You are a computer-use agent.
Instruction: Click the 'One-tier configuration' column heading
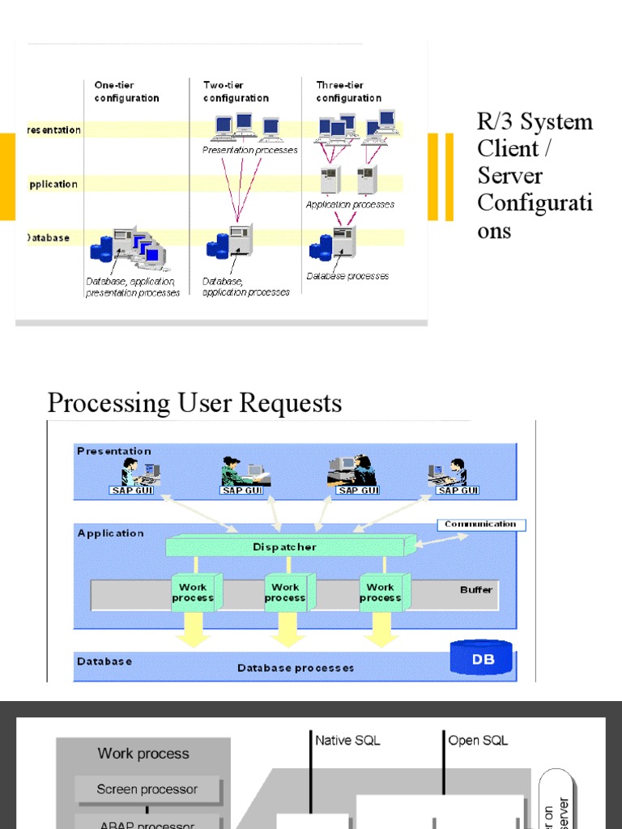(126, 91)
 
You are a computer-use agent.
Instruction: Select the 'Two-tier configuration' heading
(236, 91)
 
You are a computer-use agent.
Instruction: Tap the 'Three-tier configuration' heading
(349, 91)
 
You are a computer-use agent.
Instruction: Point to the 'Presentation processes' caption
(249, 151)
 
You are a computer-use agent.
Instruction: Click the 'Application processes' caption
(350, 205)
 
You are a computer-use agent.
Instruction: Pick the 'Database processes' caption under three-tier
(347, 276)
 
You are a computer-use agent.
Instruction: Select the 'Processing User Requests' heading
(194, 402)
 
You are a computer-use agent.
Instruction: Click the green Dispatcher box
(284, 547)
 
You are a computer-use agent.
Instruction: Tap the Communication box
(480, 525)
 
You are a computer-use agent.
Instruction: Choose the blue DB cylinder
(483, 658)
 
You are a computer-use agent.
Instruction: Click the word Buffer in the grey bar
(475, 589)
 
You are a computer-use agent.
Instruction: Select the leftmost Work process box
(193, 593)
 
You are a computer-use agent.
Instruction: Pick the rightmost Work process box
(380, 593)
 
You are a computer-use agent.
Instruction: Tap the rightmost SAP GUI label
(458, 490)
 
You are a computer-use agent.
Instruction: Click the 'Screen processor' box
(147, 789)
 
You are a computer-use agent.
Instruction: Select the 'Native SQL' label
(347, 740)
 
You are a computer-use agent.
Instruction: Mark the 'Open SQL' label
(478, 740)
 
